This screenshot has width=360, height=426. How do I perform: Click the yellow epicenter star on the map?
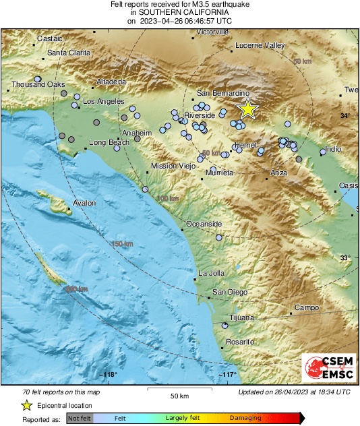[248, 109]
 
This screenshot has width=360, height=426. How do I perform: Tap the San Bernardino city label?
[223, 92]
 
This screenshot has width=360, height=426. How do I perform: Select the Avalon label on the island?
[84, 203]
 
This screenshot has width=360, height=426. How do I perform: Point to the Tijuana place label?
[241, 317]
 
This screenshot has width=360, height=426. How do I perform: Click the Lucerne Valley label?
[260, 46]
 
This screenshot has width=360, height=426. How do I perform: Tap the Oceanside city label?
[204, 223]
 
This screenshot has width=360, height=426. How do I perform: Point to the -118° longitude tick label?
[109, 374]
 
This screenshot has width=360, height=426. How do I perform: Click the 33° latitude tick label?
[344, 258]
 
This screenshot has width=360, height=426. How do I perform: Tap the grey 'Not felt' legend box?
[80, 419]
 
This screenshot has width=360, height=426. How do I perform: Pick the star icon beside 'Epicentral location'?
[26, 405]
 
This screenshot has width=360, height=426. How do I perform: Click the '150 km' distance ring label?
[123, 243]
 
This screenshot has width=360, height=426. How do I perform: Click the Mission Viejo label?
[173, 166]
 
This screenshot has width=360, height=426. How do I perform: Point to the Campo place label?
[306, 307]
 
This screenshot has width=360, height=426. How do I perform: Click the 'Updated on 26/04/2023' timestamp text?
[294, 392]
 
